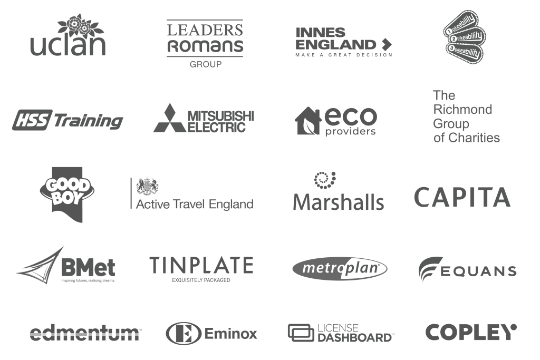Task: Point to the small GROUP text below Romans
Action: tap(205, 64)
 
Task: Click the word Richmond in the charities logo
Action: tap(462, 110)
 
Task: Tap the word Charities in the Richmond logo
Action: tap(473, 138)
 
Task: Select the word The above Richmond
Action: tap(443, 95)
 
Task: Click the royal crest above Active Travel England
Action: tap(147, 187)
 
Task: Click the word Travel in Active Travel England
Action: tap(190, 204)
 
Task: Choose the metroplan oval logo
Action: tap(340, 269)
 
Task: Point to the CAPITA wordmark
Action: tap(462, 197)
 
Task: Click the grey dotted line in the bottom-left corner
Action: tap(84, 334)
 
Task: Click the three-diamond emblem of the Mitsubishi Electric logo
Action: tap(168, 119)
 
